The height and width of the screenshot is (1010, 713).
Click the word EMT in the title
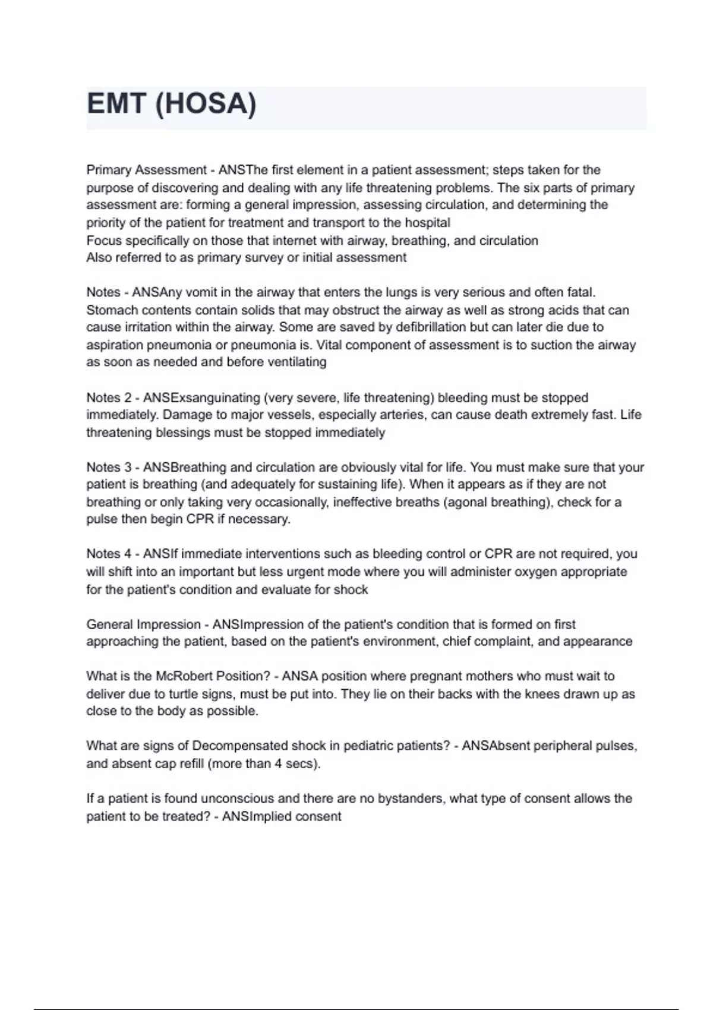[116, 104]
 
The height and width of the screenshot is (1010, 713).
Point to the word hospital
[427, 223]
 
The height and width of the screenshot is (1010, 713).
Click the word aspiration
[114, 345]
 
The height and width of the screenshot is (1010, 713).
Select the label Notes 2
[109, 397]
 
